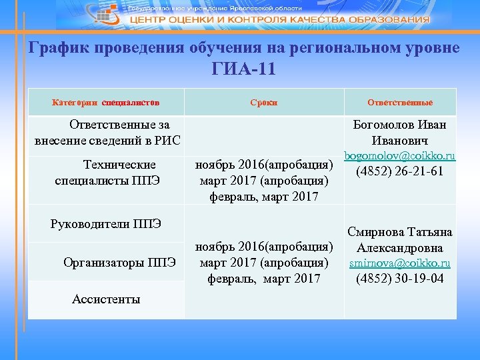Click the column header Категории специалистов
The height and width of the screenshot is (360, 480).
coord(106,103)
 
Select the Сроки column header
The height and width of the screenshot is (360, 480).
coord(264,103)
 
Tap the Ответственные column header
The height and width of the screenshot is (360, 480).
coord(400,103)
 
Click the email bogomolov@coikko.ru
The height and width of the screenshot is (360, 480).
coord(400,155)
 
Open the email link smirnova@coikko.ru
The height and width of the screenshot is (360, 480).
coord(400,263)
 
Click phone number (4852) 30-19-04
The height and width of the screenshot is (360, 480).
coord(400,279)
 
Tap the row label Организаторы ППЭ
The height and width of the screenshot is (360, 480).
coord(120,261)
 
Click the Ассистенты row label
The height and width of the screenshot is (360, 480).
coord(106,299)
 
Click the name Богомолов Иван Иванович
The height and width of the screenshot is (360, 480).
coord(400,133)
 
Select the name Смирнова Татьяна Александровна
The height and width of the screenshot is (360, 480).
coord(400,240)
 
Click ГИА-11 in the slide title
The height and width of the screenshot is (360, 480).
coord(244,69)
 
